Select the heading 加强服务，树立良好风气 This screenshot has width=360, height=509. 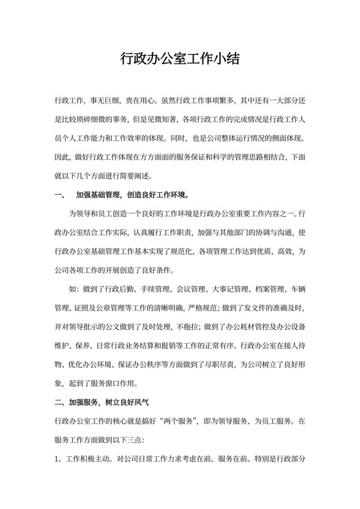click(x=104, y=404)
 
